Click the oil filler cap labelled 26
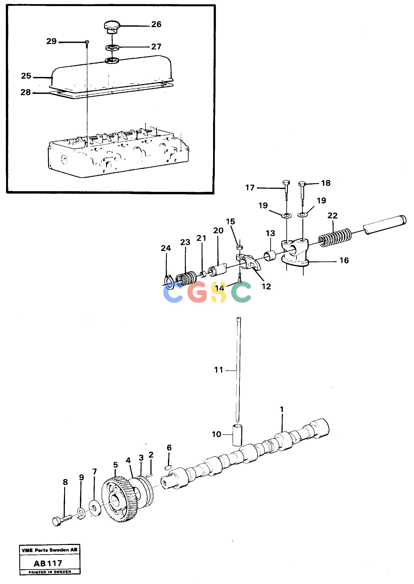point(112,27)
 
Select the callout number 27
point(156,47)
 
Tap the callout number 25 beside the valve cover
point(26,76)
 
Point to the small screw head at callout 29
point(87,42)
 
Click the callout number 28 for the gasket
point(26,92)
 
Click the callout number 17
point(250,188)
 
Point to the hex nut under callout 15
point(239,247)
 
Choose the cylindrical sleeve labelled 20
point(217,270)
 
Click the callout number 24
point(166,248)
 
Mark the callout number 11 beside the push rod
point(218,370)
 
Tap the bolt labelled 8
point(62,520)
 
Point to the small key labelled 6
point(168,467)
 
